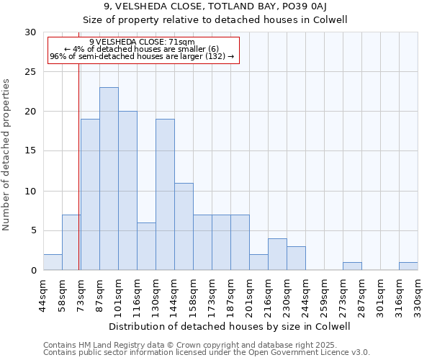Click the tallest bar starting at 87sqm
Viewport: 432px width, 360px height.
click(x=109, y=179)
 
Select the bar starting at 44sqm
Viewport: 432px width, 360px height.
click(x=53, y=262)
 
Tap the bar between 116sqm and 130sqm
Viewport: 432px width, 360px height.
click(x=146, y=246)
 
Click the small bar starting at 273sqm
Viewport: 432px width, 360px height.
click(x=352, y=266)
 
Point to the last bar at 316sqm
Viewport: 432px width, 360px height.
click(x=408, y=266)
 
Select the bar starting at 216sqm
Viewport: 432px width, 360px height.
click(x=277, y=254)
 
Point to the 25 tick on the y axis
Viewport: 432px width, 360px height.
click(x=31, y=72)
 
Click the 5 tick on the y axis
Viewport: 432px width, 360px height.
click(x=34, y=230)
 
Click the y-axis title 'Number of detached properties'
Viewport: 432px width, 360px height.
click(x=7, y=155)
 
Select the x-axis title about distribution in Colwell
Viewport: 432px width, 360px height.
click(x=230, y=326)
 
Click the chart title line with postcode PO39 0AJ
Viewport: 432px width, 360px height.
click(x=216, y=7)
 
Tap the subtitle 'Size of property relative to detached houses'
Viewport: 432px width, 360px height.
click(x=216, y=19)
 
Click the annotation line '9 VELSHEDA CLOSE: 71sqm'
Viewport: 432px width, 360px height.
click(x=142, y=42)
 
